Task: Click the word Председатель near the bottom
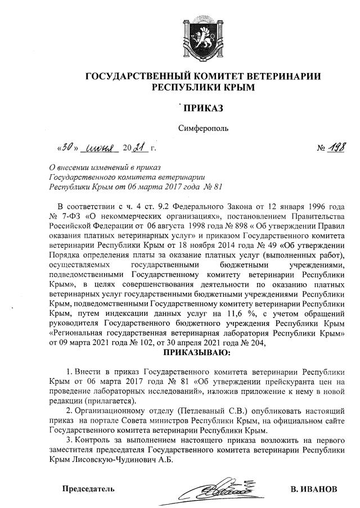point(88,488)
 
